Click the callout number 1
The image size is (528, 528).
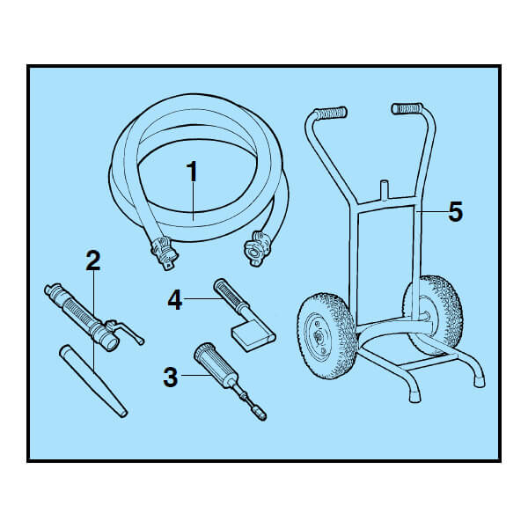click(192, 172)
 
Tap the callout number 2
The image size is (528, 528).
click(93, 260)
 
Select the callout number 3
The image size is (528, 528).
click(171, 378)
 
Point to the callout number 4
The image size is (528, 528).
click(175, 300)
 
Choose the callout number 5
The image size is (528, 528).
click(455, 212)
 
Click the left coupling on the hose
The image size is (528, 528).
click(164, 253)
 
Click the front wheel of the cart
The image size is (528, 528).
click(326, 336)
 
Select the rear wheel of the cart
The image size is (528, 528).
click(435, 316)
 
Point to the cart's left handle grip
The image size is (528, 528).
click(330, 114)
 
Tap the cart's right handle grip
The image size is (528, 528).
click(407, 108)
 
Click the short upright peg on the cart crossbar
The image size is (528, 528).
click(384, 190)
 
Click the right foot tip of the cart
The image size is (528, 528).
click(479, 382)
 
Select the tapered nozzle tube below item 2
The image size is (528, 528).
click(93, 380)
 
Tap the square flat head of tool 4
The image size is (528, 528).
click(253, 336)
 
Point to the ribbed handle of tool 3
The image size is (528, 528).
click(212, 363)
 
